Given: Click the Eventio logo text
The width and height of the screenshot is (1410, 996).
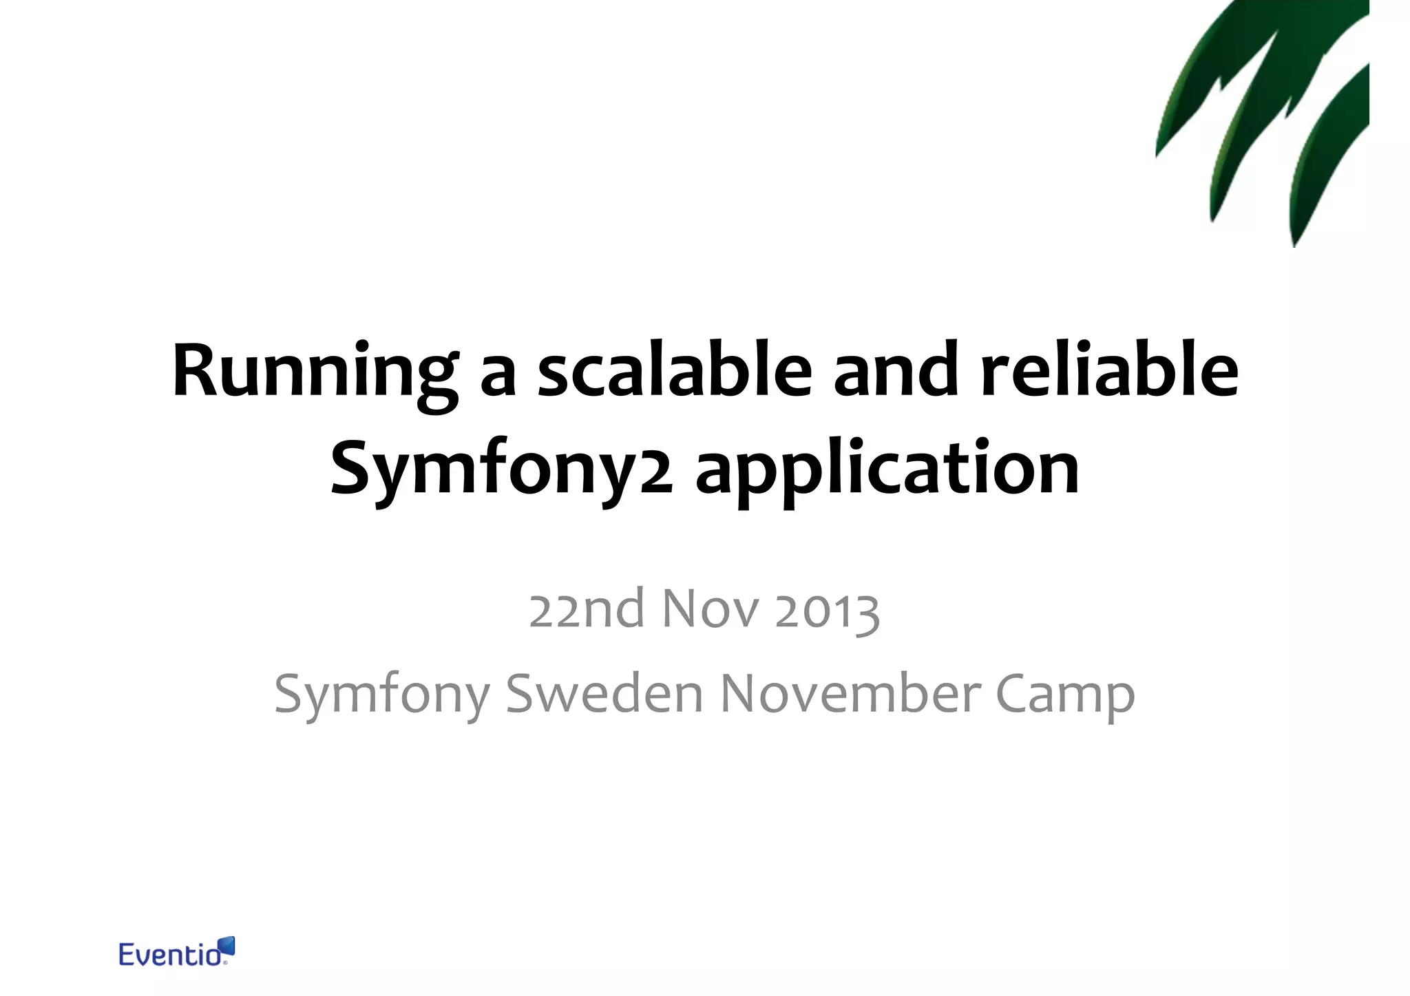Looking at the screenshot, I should [x=168, y=955].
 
